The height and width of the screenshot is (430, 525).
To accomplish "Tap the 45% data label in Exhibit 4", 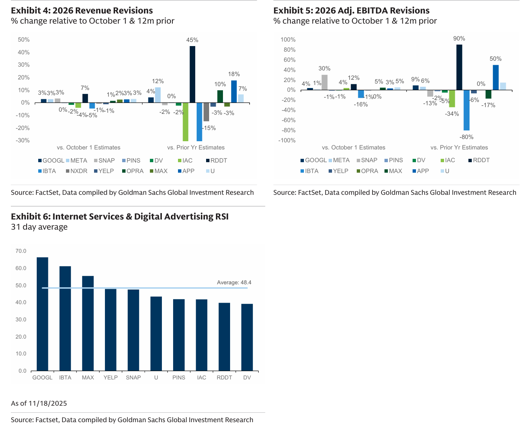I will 192,40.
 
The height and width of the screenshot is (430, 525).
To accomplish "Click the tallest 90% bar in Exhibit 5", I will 459,67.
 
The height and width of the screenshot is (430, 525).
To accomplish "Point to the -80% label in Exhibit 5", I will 467,137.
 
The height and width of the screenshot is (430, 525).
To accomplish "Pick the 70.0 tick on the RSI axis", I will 21,251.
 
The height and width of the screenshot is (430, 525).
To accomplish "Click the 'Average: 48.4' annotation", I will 234,282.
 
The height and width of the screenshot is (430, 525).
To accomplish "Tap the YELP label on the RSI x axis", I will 111,378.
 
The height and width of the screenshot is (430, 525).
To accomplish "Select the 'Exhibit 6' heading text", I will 120,216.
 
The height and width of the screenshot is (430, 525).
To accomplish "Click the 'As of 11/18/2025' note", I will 39,403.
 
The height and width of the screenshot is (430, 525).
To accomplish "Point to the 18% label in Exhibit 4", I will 234,74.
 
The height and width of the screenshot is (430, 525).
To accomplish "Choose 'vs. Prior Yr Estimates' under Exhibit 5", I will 459,148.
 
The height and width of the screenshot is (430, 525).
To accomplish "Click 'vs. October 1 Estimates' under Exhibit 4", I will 88,148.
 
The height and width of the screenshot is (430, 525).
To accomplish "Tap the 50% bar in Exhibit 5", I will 495,78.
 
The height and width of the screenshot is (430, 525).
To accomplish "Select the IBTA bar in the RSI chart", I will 65,318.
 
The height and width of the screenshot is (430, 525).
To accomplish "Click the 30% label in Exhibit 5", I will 325,69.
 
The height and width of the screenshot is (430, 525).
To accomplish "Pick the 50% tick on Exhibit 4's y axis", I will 24,40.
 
